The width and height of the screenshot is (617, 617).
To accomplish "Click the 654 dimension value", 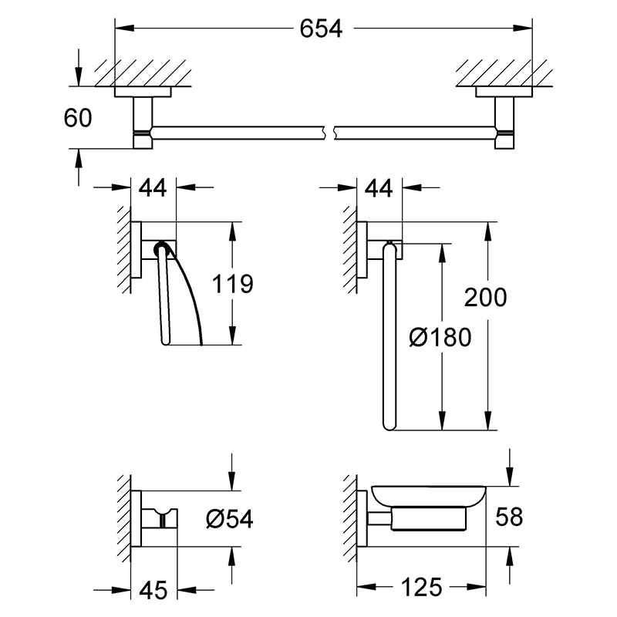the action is point(321,29).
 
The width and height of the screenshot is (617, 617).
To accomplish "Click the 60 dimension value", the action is point(78,118).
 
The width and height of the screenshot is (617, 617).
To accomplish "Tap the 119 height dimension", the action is point(233,284).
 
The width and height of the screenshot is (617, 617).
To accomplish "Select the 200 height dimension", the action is point(486,297).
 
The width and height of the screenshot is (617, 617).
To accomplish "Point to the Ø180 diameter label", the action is point(440,338).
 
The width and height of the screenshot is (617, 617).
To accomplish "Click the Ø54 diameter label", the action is point(229,518).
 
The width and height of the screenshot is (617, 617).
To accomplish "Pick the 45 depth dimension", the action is point(153,590).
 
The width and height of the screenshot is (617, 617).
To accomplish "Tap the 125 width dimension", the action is point(421,588).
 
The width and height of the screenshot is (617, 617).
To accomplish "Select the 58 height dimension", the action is point(509,517).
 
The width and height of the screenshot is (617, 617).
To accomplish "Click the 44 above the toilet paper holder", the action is point(153,187).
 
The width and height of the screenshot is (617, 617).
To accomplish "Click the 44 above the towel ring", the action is point(379,187).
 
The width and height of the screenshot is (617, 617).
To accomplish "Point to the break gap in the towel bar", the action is point(330,133).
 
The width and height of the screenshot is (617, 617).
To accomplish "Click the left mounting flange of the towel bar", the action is point(143,92).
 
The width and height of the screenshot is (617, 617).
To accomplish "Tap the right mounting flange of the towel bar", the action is point(504,92).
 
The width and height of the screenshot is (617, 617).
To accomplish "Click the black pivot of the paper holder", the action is point(161,248).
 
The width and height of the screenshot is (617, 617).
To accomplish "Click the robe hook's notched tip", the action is point(160,511).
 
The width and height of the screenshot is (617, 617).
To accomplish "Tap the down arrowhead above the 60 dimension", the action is point(79,77).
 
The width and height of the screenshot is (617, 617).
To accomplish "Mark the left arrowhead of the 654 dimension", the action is point(124,29).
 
